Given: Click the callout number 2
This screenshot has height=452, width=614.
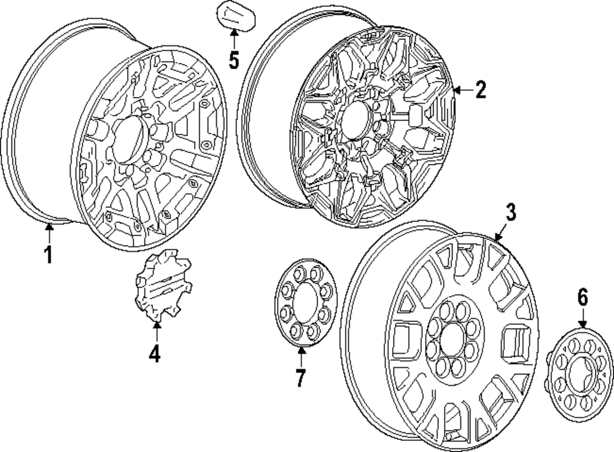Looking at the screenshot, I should pos(480,90).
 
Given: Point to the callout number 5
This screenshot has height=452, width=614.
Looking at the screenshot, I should pos(233,60).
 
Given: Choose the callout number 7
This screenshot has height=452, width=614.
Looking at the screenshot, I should pos(300,378).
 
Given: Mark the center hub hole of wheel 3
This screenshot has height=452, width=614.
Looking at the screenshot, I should pos(452,338).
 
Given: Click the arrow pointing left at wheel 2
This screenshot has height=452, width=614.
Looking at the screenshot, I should pos(462,91).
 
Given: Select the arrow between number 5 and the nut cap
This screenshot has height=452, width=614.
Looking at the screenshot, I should pos(234,37).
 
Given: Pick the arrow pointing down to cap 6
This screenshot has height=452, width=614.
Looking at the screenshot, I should pos(582,319).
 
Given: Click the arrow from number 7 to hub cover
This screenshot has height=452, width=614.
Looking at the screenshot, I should pos(301,357).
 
